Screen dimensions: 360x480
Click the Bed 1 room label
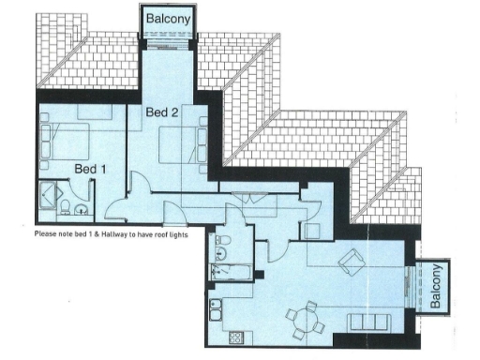point(91,169)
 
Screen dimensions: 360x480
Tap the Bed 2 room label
point(162,112)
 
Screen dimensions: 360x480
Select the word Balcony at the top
point(167,18)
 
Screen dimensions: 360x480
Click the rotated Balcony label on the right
point(437,288)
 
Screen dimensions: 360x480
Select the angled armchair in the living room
point(352,262)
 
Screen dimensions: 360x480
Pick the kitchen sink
point(217,310)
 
